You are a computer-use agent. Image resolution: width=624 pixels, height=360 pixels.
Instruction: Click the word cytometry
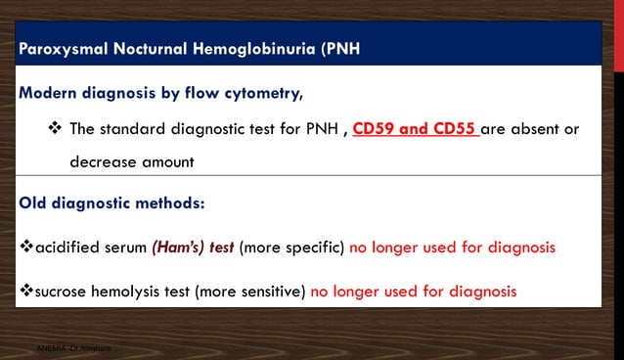coord(257,94)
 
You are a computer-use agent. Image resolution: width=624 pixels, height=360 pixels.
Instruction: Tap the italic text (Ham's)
coord(177,247)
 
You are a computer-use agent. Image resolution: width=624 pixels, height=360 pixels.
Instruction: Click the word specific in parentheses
coord(311,247)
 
